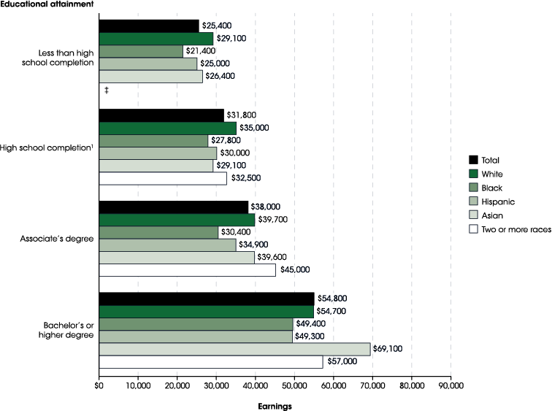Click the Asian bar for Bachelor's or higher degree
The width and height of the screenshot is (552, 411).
tap(234, 349)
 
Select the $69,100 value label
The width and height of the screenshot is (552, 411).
tap(390, 349)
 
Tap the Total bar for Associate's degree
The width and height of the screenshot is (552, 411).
tap(173, 207)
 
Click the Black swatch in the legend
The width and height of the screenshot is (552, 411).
tap(473, 188)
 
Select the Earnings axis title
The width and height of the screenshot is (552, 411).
tap(275, 405)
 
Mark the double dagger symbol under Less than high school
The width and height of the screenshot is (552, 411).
tap(107, 90)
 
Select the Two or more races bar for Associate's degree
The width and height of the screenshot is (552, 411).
tap(187, 270)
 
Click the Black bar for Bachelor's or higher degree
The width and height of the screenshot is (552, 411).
tap(196, 323)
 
